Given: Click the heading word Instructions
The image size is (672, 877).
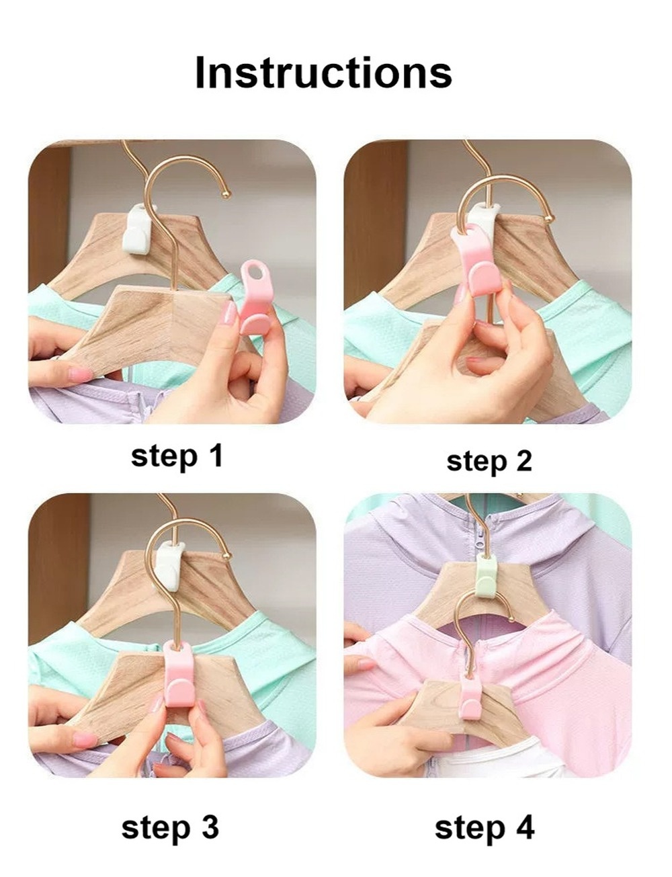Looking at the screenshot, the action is tap(324, 73).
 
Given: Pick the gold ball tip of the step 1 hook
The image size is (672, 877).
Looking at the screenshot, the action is tap(226, 194).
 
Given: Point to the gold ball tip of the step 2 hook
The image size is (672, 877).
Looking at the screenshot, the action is tap(548, 218).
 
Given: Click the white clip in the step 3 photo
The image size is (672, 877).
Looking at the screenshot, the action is tap(170, 565).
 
